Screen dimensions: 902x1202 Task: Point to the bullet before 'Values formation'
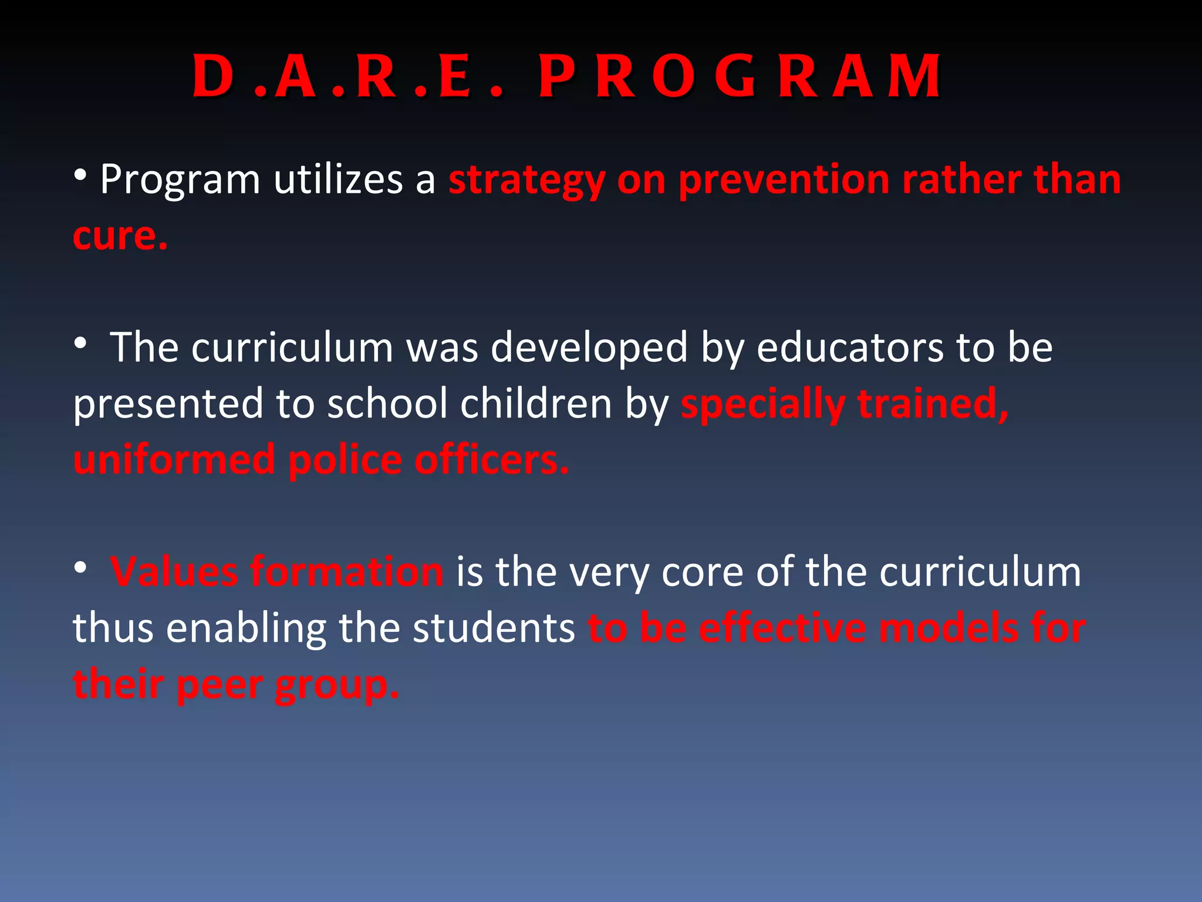pos(81,567)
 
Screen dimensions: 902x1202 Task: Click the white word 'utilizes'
pos(337,179)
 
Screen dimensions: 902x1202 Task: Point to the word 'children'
pos(536,404)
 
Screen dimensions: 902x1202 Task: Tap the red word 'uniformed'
pos(174,460)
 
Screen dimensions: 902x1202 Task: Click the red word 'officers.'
pos(492,460)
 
